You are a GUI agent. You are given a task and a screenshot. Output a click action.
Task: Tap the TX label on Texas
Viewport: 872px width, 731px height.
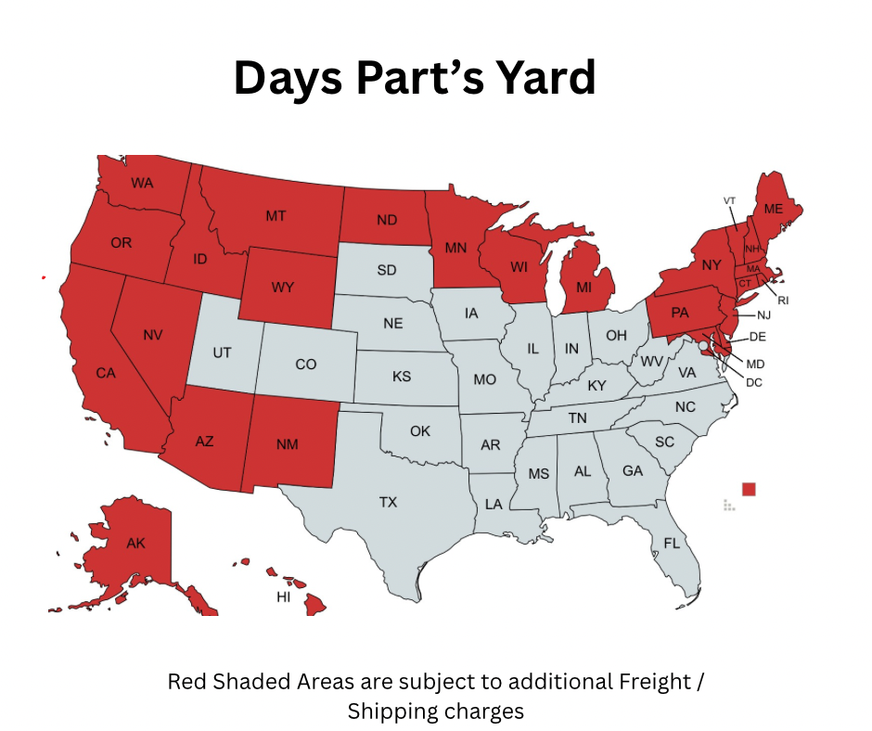point(388,502)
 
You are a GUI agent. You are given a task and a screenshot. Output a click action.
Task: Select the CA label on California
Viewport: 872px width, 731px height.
point(106,373)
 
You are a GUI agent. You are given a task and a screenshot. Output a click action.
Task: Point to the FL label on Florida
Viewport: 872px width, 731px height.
point(672,543)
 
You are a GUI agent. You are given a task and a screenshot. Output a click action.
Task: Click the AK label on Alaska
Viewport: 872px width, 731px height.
point(135,543)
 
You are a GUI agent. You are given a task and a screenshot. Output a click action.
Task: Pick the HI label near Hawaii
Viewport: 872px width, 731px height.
point(284,597)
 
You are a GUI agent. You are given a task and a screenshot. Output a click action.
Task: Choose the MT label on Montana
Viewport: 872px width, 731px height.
point(276,216)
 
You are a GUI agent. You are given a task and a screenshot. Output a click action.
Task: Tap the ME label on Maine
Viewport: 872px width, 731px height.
point(774,209)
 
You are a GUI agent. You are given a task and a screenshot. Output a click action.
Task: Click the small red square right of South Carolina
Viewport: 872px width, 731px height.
point(749,489)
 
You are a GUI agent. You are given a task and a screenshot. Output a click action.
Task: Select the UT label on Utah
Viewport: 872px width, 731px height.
point(222,353)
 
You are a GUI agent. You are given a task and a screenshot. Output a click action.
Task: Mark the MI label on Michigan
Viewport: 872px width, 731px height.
point(583,287)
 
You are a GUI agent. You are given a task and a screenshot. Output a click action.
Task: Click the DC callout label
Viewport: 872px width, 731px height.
point(754,382)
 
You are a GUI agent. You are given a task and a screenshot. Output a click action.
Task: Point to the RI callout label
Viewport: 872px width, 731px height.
point(782,300)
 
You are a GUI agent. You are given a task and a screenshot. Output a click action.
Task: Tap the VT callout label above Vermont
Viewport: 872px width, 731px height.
point(729,200)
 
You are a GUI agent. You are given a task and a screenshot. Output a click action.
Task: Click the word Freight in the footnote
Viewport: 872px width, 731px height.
point(655,682)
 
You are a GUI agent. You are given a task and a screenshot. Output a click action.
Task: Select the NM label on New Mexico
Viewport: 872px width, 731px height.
point(287,444)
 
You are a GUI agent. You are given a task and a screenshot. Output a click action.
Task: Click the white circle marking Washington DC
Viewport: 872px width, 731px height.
point(704,345)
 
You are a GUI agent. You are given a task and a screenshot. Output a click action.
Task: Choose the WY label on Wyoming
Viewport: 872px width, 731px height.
point(283,288)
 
